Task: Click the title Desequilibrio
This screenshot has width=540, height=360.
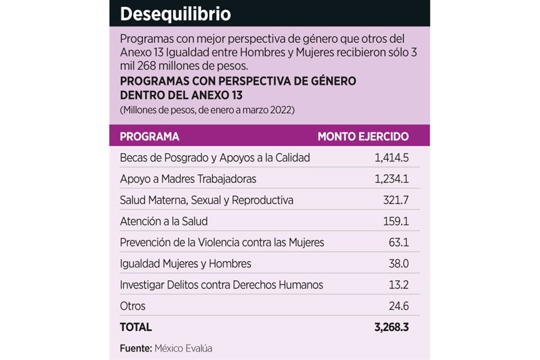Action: point(175,14)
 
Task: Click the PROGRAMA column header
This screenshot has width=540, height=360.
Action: point(150,137)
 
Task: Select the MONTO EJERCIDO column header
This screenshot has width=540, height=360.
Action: point(363,137)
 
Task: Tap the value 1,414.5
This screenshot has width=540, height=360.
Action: point(391,158)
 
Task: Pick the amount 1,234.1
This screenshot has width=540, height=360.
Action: point(391,179)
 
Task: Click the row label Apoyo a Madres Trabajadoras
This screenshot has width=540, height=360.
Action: point(188,179)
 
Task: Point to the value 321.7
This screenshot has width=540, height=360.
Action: point(395,200)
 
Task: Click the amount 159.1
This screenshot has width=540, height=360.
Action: point(395,222)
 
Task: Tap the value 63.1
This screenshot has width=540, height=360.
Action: point(398,242)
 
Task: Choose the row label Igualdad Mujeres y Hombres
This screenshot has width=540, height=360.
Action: point(186,264)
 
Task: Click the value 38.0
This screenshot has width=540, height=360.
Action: point(398,264)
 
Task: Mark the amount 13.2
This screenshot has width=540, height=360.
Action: point(398,285)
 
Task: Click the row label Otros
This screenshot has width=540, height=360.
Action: point(133,306)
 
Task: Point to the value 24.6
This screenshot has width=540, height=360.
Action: point(398,306)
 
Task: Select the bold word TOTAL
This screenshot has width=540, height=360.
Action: point(136,327)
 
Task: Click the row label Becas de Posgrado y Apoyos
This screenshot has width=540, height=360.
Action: point(215,158)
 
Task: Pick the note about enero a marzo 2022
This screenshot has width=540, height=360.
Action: point(207,110)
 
